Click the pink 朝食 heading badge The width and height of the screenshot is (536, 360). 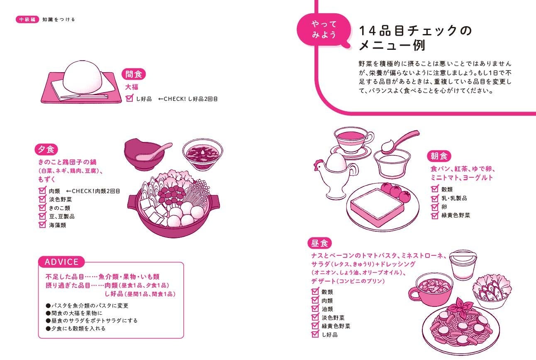click(x=439, y=156)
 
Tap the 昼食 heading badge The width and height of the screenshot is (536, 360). click(x=319, y=243)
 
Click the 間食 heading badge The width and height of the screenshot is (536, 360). click(x=134, y=74)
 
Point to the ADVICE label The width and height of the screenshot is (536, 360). click(x=61, y=262)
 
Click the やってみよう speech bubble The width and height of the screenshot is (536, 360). click(x=324, y=29)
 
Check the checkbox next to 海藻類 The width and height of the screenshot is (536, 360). click(x=42, y=225)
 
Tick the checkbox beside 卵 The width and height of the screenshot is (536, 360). click(x=435, y=207)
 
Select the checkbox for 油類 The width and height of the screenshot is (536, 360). click(x=315, y=309)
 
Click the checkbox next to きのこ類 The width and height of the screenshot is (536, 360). click(x=42, y=208)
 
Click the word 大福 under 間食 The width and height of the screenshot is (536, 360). click(x=132, y=87)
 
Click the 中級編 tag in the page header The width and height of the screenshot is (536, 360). click(x=27, y=19)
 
